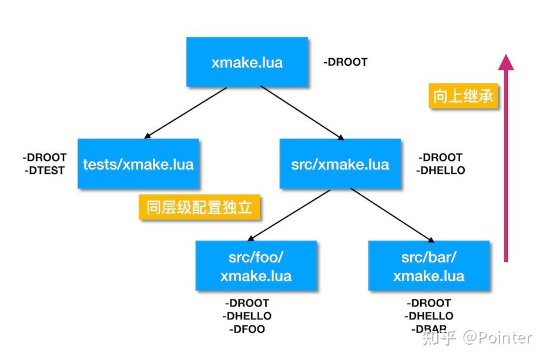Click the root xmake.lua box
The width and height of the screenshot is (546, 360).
pos(247,62)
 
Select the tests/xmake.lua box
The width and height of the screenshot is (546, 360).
pos(138,164)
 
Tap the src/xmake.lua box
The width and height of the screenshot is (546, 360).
pos(340,164)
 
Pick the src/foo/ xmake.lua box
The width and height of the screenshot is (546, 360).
pos(256,266)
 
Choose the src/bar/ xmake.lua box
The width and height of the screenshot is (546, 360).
pos(428,266)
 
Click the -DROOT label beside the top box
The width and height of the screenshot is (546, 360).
pos(346,62)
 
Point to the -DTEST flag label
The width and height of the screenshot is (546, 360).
pos(45,170)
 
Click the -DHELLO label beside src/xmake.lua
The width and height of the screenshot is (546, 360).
pos(441,170)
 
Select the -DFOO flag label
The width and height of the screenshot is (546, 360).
pos(247,329)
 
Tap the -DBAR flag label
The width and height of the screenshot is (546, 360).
pos(428,329)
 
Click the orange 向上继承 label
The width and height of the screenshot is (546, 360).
pos(463,96)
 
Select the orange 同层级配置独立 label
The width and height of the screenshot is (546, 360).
pos(199,207)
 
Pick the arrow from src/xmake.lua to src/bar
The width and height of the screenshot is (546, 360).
pos(393,215)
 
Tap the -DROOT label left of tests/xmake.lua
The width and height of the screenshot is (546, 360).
pos(45,157)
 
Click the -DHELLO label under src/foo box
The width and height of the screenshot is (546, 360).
pos(247,316)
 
